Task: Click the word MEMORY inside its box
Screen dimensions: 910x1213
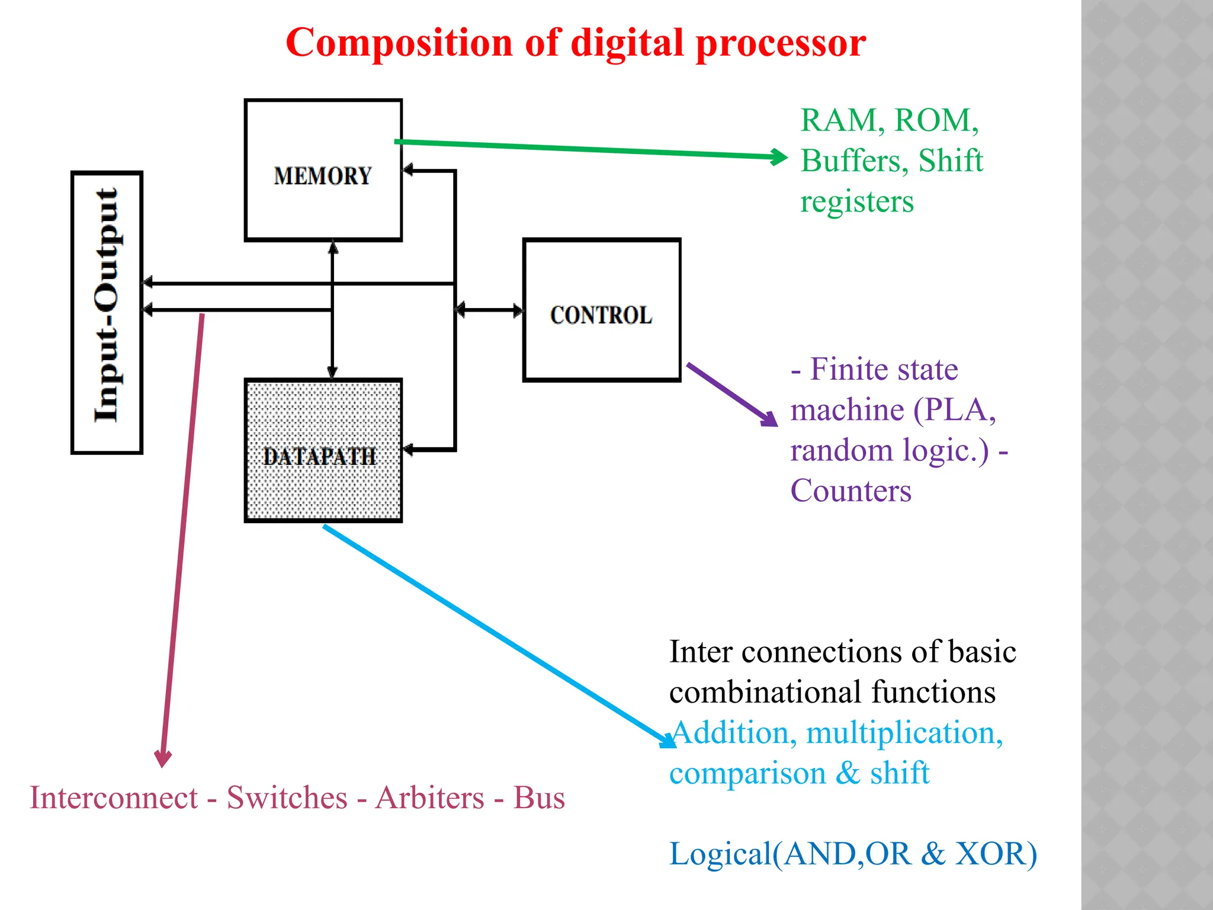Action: tap(323, 176)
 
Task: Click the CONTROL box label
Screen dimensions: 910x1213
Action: tap(601, 315)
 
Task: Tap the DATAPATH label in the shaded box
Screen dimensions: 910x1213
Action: tap(319, 457)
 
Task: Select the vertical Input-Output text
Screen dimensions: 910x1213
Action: tap(107, 305)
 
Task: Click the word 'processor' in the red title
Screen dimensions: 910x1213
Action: tap(781, 43)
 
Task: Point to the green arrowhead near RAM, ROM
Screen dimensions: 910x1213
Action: tap(781, 157)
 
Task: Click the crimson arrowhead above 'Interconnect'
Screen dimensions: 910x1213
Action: tap(163, 759)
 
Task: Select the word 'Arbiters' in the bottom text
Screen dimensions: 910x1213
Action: tap(430, 797)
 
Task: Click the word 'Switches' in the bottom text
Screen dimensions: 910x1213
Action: tap(287, 797)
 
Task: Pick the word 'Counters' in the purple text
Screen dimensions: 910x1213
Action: tap(851, 491)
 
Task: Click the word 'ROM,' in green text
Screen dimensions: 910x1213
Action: tap(936, 121)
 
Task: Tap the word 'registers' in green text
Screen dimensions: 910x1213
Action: tap(857, 202)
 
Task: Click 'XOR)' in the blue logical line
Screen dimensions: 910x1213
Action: tap(996, 854)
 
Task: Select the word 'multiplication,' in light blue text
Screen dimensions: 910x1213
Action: tap(904, 733)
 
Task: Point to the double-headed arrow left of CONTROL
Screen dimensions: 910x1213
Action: tap(489, 310)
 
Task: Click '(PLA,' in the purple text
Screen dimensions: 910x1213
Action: tap(954, 410)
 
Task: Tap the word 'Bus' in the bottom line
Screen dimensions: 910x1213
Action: tap(538, 797)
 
